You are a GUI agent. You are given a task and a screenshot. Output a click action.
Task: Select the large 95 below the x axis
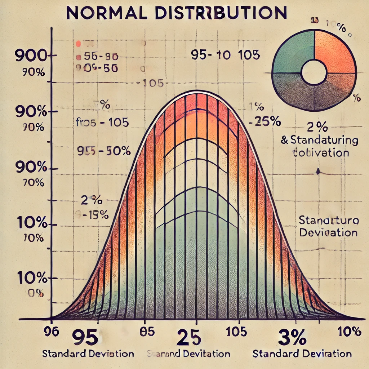pos(85,338)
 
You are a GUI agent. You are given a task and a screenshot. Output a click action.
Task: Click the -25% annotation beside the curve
pos(265,122)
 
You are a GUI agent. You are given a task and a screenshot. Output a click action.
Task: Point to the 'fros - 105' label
pos(102,123)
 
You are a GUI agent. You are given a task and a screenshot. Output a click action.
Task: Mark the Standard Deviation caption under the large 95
pos(88,354)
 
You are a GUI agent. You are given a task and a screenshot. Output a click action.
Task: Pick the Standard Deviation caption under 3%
pos(302,354)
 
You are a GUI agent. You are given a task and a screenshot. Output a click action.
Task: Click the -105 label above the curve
pos(153,84)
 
